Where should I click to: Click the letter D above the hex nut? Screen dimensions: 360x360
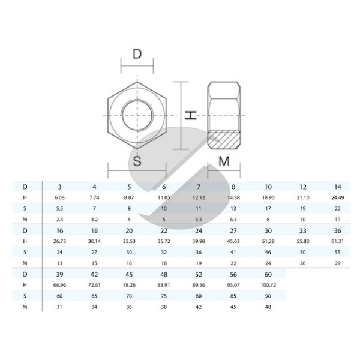click(x=137, y=54)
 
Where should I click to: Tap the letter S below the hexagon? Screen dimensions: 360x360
click(x=137, y=161)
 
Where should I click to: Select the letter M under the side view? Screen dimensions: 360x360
click(x=224, y=161)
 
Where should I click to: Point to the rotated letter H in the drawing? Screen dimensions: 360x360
click(x=191, y=115)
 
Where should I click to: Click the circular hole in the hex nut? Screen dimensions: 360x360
click(x=137, y=115)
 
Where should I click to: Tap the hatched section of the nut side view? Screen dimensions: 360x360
click(x=224, y=140)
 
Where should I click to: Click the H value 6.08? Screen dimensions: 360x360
click(x=59, y=197)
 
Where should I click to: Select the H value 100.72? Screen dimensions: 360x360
click(x=268, y=285)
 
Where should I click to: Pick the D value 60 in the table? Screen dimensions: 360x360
click(x=268, y=274)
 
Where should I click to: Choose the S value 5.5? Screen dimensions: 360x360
click(x=59, y=208)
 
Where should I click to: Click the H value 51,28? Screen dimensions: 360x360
click(x=268, y=241)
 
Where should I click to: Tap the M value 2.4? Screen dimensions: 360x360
click(x=59, y=220)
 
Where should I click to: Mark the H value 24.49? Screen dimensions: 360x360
click(x=337, y=197)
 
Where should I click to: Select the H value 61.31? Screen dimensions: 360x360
click(x=337, y=241)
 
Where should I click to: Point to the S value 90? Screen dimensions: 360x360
click(x=268, y=296)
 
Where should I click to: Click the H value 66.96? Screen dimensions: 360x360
click(x=59, y=285)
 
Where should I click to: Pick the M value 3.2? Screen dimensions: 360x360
click(x=94, y=220)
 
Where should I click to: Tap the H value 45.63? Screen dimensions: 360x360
click(x=233, y=241)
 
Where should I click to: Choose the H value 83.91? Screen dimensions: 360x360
click(x=164, y=285)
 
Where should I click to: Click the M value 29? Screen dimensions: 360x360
click(x=337, y=263)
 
